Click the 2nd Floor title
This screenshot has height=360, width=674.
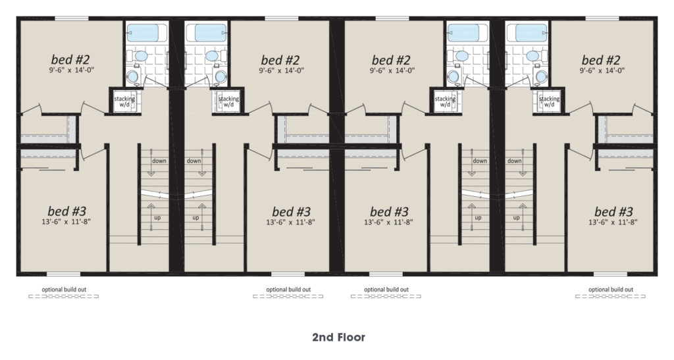coord(339,337)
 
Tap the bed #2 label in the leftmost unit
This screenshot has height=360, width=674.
coord(70,59)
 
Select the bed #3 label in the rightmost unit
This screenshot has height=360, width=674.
coord(613,211)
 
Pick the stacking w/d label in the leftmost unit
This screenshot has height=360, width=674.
coord(124,101)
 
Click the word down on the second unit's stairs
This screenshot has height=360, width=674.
coord(194,161)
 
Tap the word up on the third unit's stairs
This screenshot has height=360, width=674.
coord(478,218)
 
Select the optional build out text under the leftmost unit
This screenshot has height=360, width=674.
coord(64,290)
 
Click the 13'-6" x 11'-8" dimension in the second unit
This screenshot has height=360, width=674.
coord(290,222)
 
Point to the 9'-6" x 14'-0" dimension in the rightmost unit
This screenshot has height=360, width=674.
coord(602,70)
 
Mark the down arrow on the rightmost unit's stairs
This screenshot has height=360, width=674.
coord(523,163)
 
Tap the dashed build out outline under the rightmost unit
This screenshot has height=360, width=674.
coord(610,296)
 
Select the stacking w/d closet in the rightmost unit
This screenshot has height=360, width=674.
coord(549,101)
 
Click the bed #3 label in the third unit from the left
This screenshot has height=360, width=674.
coord(389,211)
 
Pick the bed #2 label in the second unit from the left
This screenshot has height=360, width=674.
coord(280,60)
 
